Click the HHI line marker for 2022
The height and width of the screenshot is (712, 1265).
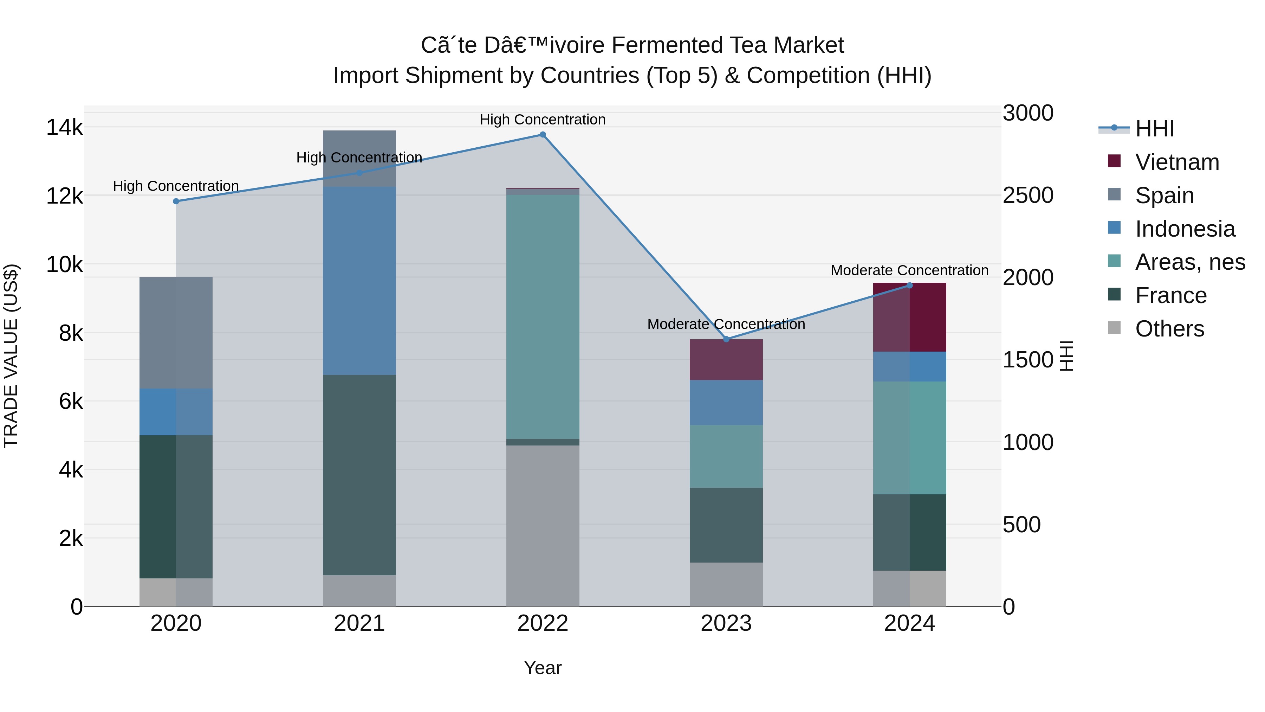(x=543, y=135)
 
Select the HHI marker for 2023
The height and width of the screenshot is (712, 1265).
(x=726, y=339)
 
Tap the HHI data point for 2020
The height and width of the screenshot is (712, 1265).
(x=176, y=201)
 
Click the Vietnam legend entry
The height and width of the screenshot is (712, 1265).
(x=1176, y=162)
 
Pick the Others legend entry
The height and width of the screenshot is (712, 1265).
(x=1169, y=329)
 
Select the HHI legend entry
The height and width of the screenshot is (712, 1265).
(x=1154, y=129)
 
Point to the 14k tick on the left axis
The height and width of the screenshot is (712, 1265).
(x=64, y=128)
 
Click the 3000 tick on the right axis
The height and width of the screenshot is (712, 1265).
(x=1027, y=113)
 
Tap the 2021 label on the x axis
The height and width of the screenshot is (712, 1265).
(x=359, y=623)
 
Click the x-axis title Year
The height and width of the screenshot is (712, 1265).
(x=543, y=668)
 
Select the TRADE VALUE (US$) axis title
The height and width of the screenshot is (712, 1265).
(x=11, y=356)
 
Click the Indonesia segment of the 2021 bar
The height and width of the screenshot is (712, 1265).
(x=359, y=280)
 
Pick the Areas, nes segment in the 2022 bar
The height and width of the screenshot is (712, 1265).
(x=543, y=317)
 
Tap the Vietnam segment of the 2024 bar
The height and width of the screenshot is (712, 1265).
(x=909, y=317)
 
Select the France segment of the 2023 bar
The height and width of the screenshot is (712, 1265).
(x=726, y=525)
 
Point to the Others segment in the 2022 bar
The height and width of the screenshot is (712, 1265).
(x=543, y=526)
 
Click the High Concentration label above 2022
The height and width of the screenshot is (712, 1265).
(x=543, y=120)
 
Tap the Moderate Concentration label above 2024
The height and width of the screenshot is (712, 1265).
(x=909, y=270)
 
